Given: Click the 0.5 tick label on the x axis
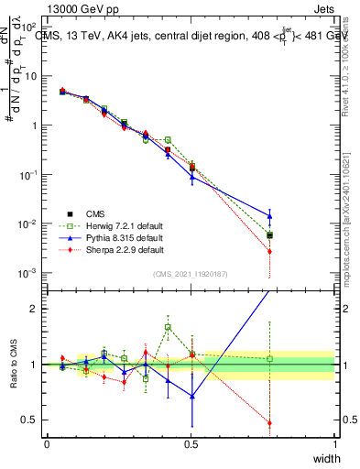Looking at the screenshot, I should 191,444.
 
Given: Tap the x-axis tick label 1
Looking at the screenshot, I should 334,444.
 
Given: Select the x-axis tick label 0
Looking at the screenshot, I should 47,444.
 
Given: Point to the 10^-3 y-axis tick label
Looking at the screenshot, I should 28,273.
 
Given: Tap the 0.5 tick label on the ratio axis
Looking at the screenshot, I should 31,420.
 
